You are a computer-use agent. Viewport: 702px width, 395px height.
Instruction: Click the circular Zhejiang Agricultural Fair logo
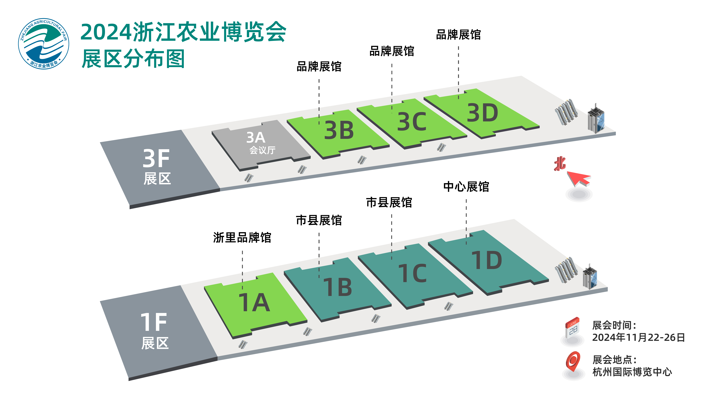click(x=44, y=44)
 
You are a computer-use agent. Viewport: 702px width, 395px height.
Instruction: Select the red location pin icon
click(x=573, y=361)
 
